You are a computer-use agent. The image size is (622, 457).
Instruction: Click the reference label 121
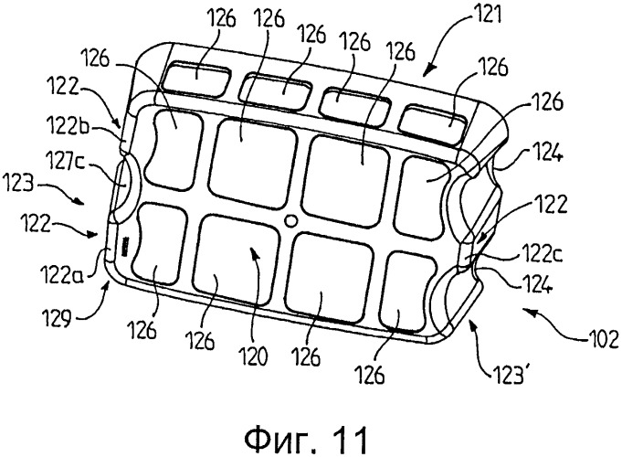(487, 16)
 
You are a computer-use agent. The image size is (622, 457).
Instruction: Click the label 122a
(60, 274)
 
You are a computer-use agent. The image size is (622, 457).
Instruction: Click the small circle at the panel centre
(291, 220)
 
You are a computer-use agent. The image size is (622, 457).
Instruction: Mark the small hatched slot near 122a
(125, 246)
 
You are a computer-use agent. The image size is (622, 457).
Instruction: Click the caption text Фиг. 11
(306, 441)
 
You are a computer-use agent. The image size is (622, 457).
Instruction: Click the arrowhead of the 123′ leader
(471, 321)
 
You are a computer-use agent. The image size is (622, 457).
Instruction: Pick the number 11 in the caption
(350, 441)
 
